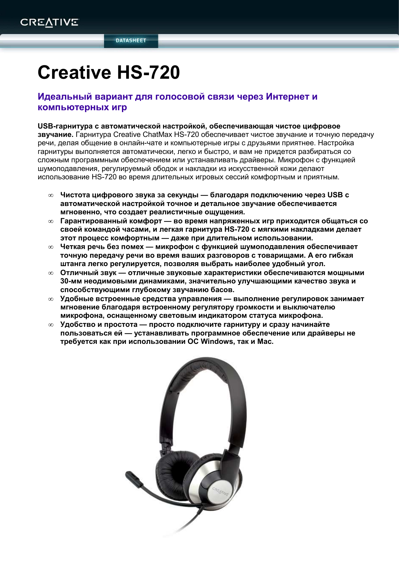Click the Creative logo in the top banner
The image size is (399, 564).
pos(49,22)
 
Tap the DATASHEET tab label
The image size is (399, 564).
pos(131,40)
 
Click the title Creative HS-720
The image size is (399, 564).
pos(109,72)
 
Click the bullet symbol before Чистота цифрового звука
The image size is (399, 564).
pos(51,195)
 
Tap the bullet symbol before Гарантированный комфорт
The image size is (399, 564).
pos(51,221)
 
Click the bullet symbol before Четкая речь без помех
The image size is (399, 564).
pos(51,247)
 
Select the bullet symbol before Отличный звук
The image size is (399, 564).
pos(51,273)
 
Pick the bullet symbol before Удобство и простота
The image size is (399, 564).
pos(51,325)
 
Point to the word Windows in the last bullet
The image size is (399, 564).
pos(217,342)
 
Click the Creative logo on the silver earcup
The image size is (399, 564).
pos(220,492)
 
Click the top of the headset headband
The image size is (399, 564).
pos(206,365)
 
